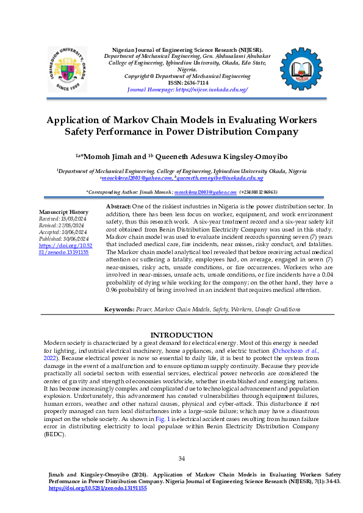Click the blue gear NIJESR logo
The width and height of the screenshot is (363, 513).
(301, 73)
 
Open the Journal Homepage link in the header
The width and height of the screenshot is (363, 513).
(187, 89)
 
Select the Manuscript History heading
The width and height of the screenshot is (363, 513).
(59, 211)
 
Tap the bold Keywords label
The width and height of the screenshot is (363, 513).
(119, 310)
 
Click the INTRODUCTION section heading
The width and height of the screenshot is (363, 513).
(181, 335)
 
